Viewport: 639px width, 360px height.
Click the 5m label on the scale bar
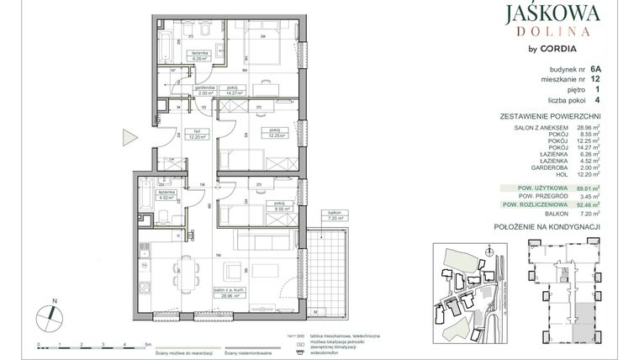point(148,345)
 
